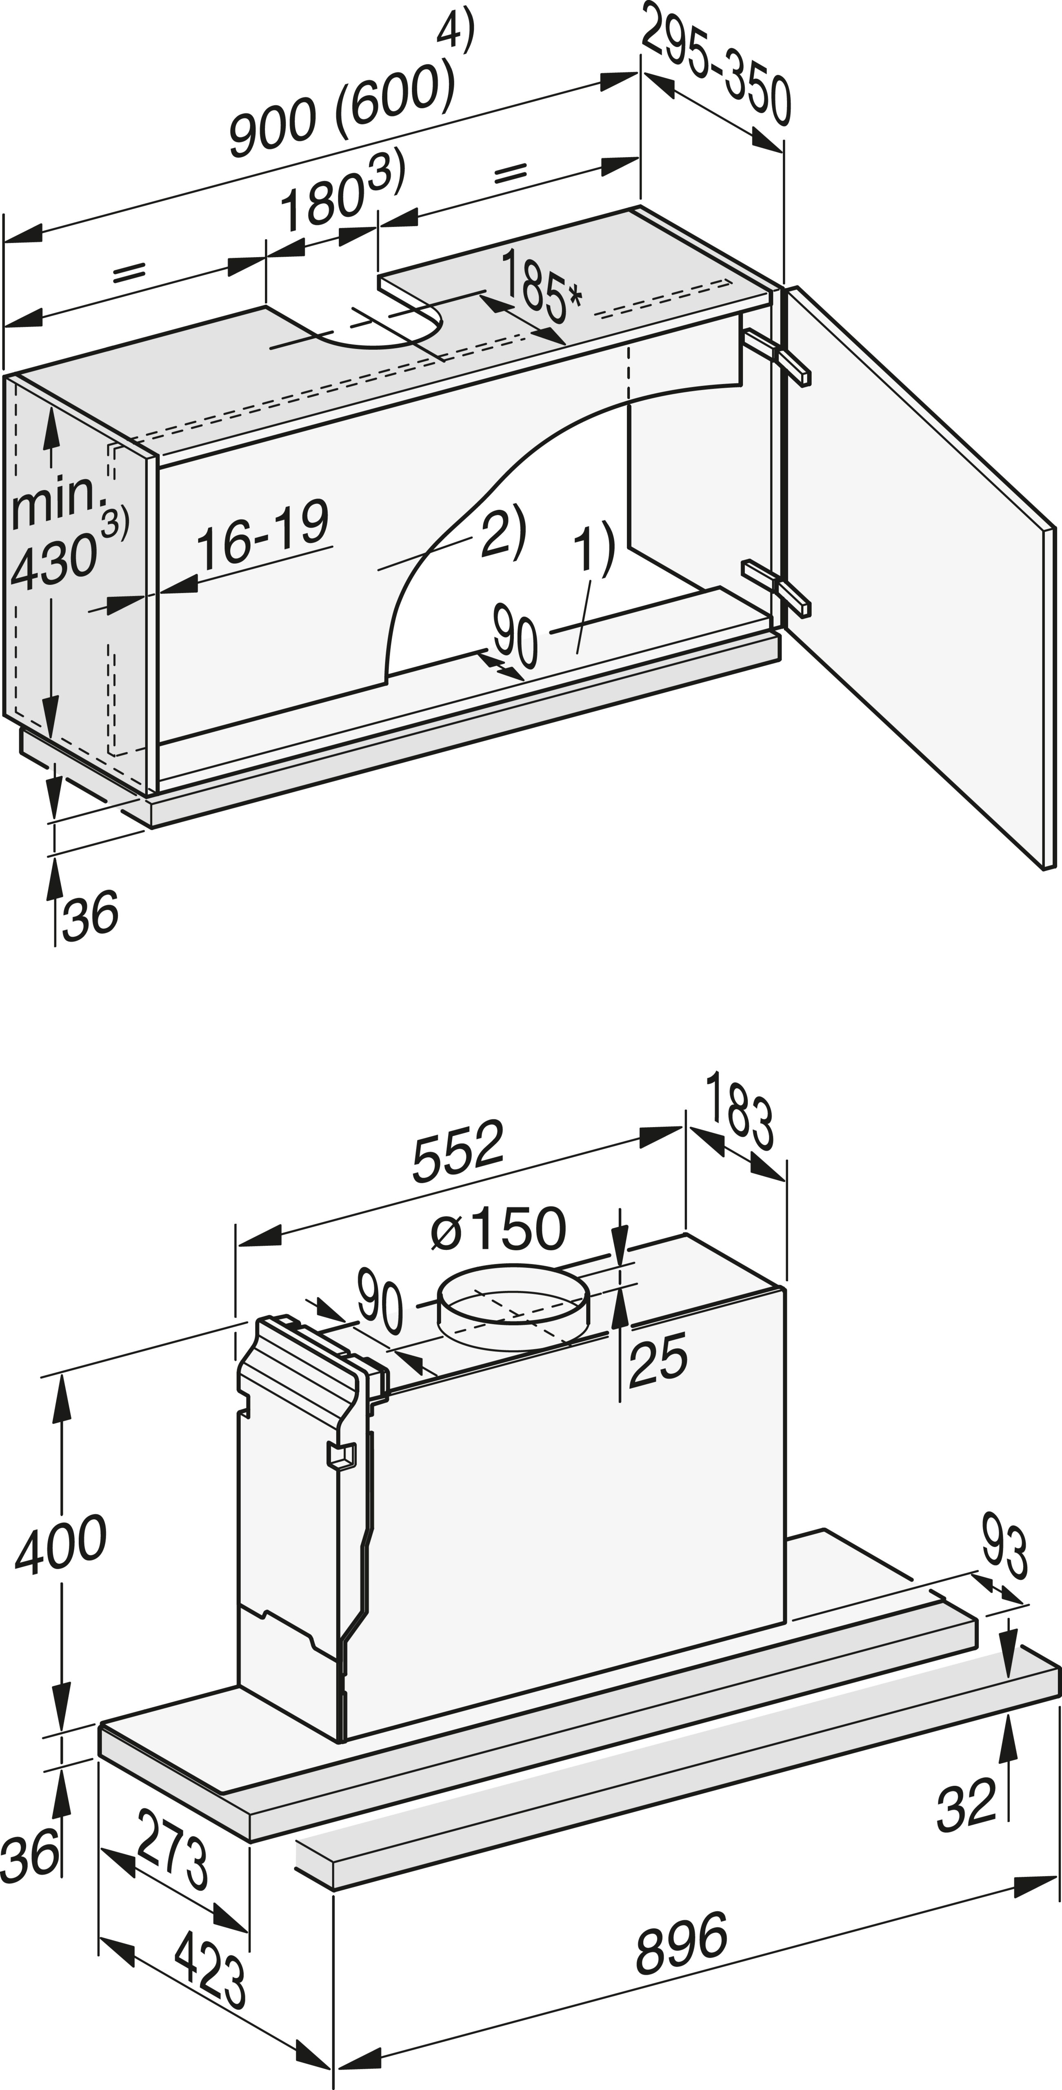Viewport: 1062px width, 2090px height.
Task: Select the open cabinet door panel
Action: (x=917, y=568)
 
